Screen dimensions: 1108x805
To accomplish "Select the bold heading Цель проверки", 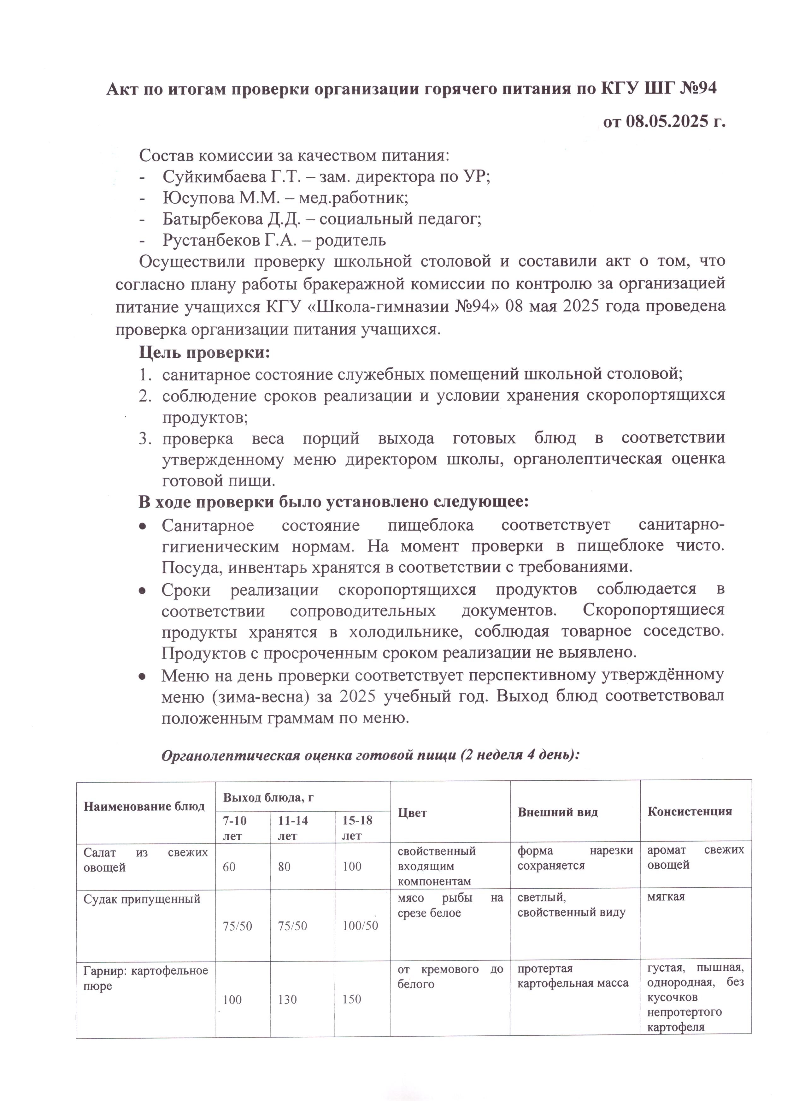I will pyautogui.click(x=204, y=352).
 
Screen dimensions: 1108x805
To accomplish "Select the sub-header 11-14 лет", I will pyautogui.click(x=293, y=828).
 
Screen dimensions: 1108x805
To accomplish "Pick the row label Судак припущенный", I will pyautogui.click(x=142, y=899).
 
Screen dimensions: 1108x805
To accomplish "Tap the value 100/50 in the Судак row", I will pyautogui.click(x=360, y=926).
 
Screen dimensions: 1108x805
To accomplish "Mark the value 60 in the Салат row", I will pyautogui.click(x=229, y=867).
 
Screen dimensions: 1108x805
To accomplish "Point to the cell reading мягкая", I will pyautogui.click(x=666, y=897).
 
